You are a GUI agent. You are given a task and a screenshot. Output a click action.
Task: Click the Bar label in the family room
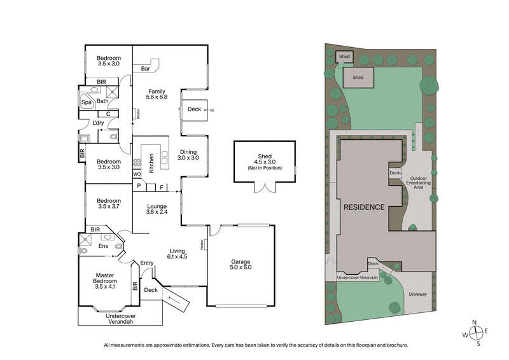pos(145,69)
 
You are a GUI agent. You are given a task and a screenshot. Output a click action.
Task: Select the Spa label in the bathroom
pos(86,102)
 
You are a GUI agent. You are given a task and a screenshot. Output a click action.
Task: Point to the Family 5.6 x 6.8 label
pos(157,93)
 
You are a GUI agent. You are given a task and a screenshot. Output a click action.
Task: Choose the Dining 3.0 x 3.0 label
pos(189,155)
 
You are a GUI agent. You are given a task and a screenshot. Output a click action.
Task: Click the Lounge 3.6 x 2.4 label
pos(157,209)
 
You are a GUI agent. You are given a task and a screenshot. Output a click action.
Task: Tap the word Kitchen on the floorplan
pos(151,163)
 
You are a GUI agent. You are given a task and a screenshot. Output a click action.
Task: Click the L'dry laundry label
pos(98,123)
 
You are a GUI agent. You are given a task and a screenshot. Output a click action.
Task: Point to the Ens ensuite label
pos(103,246)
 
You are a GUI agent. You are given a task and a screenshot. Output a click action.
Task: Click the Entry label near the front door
pos(147,263)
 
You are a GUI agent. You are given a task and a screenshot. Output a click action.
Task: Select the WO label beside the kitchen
pos(136,174)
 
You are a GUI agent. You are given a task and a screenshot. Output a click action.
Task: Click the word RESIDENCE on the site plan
pos(364,207)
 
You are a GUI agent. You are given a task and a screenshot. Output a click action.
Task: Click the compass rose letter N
pos(473,322)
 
